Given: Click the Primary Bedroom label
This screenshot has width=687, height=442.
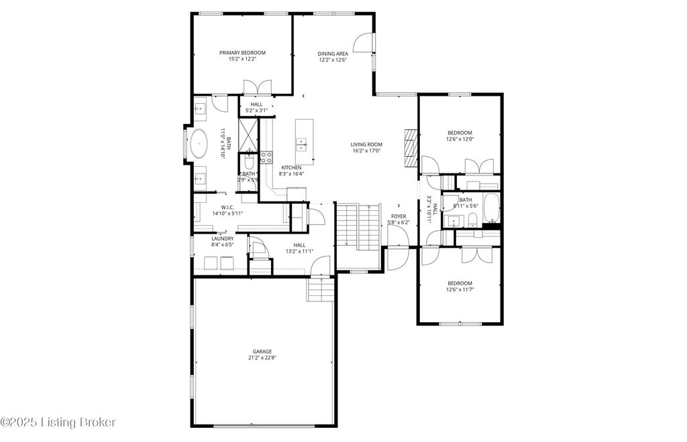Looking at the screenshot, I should (242, 52).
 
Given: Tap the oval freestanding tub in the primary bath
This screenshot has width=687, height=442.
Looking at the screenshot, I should (200, 144).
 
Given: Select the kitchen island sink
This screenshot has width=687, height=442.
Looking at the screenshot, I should (303, 143).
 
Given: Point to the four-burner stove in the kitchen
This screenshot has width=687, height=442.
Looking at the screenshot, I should (266, 158).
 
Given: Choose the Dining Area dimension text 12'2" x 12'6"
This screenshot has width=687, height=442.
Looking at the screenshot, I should (332, 60).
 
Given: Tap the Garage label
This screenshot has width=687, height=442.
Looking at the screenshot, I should (262, 351).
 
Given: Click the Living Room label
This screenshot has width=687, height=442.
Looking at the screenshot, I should (366, 144).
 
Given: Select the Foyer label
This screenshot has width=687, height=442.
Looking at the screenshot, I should (399, 216).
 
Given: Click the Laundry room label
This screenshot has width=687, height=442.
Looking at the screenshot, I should (222, 238).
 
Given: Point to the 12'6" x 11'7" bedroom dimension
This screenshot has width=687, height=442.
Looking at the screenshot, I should (460, 290).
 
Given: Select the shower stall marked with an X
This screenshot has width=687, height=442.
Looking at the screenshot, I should (248, 133).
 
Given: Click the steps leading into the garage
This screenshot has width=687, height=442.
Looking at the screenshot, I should (321, 290).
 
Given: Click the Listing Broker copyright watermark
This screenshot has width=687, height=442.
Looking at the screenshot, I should (58, 422).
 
